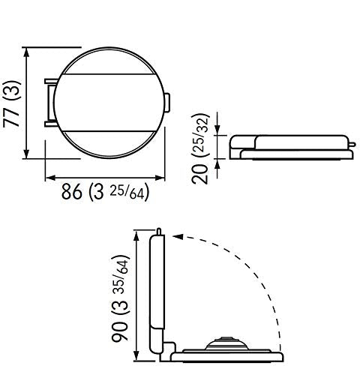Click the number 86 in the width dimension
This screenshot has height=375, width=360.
pyautogui.click(x=72, y=192)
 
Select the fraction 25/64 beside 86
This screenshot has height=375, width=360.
pyautogui.click(x=127, y=193)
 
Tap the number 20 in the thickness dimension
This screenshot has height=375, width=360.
pyautogui.click(x=200, y=174)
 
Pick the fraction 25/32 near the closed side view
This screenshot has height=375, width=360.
pyautogui.click(x=201, y=134)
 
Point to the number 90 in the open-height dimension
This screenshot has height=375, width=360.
pyautogui.click(x=119, y=331)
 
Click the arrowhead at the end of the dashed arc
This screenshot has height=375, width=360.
pyautogui.click(x=178, y=236)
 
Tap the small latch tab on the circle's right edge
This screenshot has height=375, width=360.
pyautogui.click(x=167, y=103)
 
